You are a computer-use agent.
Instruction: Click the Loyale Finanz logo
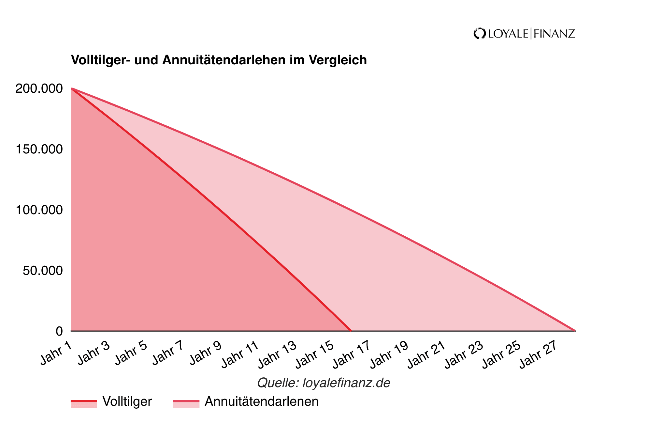pyautogui.click(x=524, y=34)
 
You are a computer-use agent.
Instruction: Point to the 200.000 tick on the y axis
pyautogui.click(x=39, y=88)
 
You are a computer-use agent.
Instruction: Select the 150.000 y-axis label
pyautogui.click(x=39, y=149)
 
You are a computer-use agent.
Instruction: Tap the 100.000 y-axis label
pyautogui.click(x=39, y=210)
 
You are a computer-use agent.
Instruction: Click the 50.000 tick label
pyautogui.click(x=43, y=271)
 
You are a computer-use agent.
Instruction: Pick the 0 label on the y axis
pyautogui.click(x=59, y=331)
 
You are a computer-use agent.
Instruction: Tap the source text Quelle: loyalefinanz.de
pyautogui.click(x=324, y=383)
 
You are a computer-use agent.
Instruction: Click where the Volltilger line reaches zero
pyautogui.click(x=351, y=331)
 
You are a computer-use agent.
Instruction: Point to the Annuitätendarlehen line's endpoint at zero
pyautogui.click(x=575, y=331)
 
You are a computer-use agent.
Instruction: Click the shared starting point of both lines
pyautogui.click(x=72, y=88)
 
